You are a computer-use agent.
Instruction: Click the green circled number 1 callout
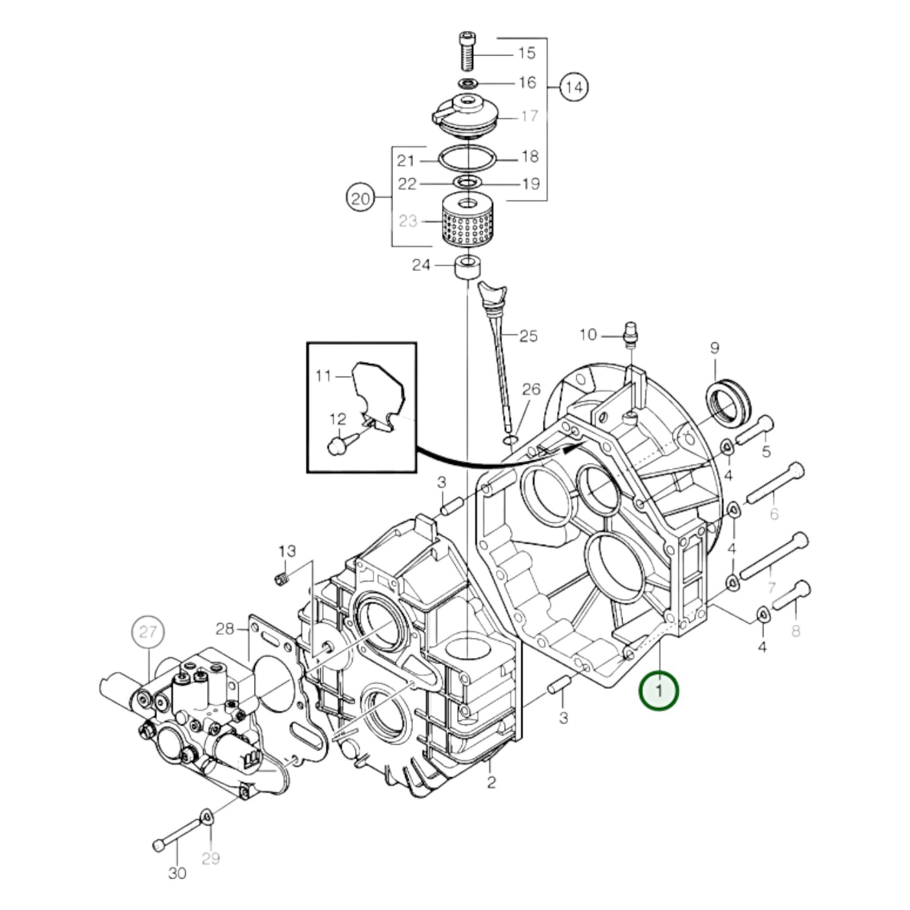659,691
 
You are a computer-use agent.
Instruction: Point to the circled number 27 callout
147,632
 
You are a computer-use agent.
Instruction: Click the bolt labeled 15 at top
467,51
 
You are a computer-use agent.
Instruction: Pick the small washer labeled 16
467,83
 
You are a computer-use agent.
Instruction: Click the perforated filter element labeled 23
467,222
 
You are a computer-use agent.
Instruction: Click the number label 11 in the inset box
323,376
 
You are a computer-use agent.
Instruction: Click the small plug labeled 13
284,579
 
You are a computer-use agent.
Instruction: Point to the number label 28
225,628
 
